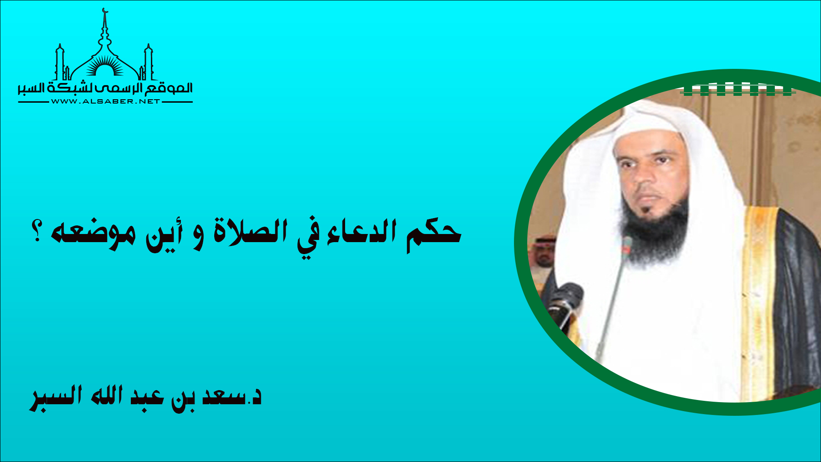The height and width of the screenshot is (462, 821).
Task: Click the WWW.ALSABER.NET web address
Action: (105, 101)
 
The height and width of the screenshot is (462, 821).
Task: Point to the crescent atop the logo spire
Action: (105, 11)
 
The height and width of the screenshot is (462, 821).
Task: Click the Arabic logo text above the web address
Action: (105, 89)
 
